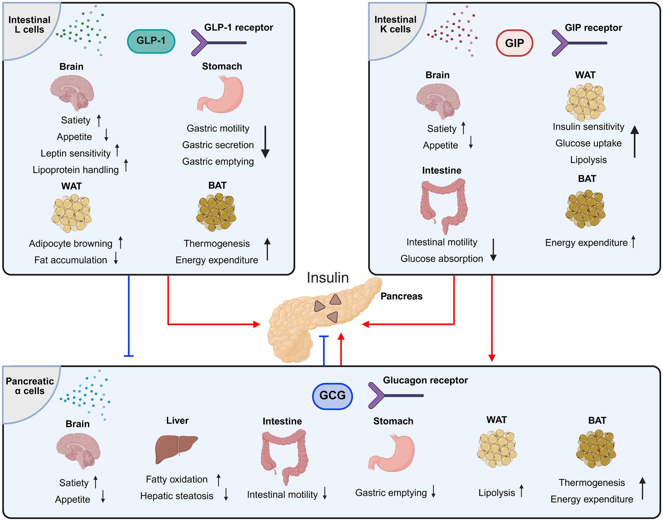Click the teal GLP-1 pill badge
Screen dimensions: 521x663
151,41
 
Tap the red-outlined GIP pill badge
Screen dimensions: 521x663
514,43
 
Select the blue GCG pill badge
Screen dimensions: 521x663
332,396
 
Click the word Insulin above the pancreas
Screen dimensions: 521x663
328,278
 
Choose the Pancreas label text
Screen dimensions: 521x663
401,296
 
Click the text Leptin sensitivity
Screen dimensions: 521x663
76,153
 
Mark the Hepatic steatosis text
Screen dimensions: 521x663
177,496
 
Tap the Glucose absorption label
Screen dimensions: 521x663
441,259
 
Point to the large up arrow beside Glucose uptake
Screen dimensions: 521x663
634,141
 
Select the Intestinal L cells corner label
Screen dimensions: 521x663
29,25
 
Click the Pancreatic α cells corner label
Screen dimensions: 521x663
30,386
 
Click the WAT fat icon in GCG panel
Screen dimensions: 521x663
497,449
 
